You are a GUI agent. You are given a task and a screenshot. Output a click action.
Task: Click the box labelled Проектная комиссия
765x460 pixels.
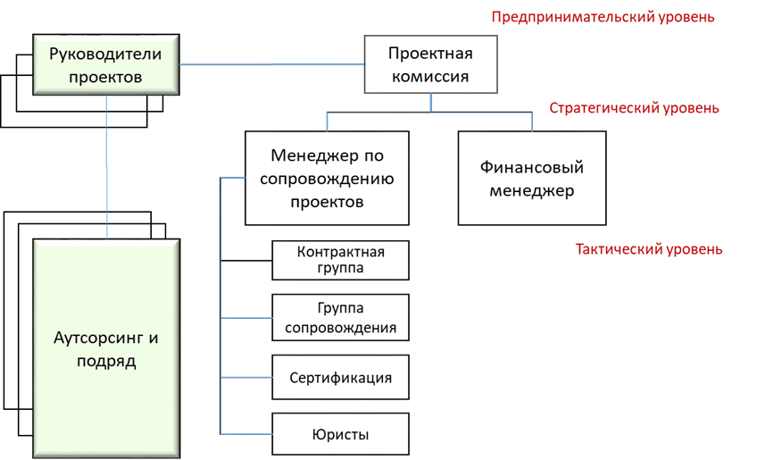(431, 64)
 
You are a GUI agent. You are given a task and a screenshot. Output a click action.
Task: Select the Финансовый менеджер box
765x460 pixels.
(532, 178)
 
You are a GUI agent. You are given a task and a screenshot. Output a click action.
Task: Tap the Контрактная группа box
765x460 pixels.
(340, 260)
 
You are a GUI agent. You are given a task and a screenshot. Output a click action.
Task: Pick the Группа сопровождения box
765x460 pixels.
(340, 317)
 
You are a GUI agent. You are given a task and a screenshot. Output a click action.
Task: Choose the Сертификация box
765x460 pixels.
(340, 378)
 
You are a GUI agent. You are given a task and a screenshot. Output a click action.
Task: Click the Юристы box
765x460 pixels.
(340, 434)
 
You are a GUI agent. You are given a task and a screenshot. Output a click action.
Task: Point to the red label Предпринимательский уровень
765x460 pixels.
(603, 17)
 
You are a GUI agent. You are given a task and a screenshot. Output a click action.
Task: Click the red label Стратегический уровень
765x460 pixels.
(634, 108)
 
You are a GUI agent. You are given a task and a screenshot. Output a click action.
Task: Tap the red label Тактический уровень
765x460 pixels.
(649, 249)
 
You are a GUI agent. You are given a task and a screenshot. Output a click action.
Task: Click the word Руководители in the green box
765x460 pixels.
(105, 54)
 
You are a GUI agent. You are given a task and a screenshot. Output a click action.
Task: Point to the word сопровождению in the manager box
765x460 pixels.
(327, 179)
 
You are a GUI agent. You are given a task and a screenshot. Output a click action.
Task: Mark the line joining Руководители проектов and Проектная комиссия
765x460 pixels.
(271, 64)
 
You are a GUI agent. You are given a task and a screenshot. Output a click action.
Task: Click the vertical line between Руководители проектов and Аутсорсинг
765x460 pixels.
(107, 167)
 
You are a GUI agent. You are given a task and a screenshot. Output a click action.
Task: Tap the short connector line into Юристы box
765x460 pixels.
(245, 433)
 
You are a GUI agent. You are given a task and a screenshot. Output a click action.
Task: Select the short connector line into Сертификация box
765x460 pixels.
(245, 378)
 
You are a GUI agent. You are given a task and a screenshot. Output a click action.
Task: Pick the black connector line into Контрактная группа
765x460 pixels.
(245, 260)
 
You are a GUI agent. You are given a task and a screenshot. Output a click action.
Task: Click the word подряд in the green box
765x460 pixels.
(106, 362)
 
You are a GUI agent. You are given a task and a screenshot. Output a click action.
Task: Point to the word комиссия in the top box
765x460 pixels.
(430, 77)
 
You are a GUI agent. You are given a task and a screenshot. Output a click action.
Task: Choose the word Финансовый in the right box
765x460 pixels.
(532, 168)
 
